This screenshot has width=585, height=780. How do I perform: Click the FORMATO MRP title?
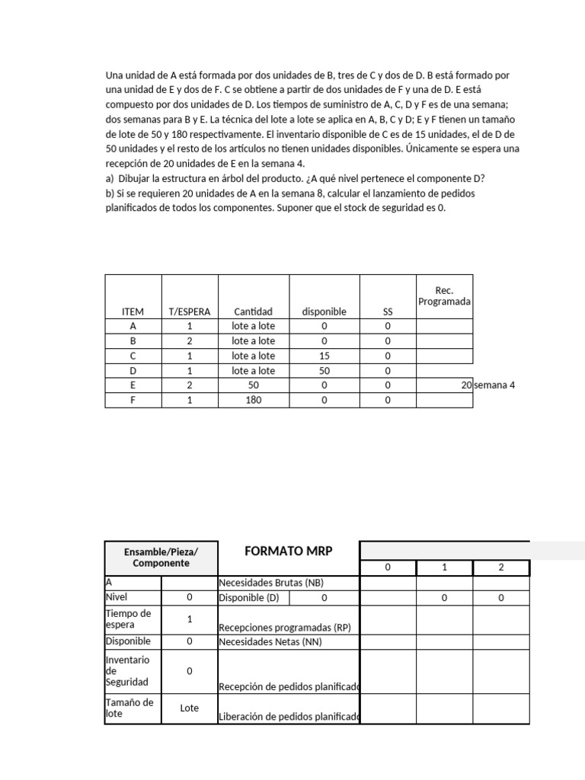[x=288, y=551]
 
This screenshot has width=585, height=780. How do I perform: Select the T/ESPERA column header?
[x=190, y=312]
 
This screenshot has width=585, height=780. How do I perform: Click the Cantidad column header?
[x=253, y=312]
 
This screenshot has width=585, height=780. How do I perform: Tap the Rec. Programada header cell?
[x=444, y=296]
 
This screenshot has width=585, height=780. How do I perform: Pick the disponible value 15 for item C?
[x=324, y=356]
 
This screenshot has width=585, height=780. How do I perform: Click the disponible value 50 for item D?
[x=324, y=370]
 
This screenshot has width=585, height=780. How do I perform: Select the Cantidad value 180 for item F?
[x=253, y=400]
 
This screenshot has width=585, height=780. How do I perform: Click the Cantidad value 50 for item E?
[x=253, y=385]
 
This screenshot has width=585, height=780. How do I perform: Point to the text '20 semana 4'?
[x=488, y=385]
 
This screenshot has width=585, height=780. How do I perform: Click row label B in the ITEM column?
[x=133, y=341]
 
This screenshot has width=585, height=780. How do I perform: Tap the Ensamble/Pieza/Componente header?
[x=161, y=557]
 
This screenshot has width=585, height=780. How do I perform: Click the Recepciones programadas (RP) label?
[x=284, y=628]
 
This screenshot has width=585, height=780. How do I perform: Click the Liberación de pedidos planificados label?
[x=289, y=716]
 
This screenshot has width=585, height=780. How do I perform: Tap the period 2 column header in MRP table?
[x=500, y=567]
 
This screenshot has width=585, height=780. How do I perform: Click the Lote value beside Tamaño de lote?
[x=189, y=708]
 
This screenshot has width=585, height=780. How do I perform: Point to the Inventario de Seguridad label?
[x=128, y=671]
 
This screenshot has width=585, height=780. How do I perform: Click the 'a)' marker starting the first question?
[x=110, y=179]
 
